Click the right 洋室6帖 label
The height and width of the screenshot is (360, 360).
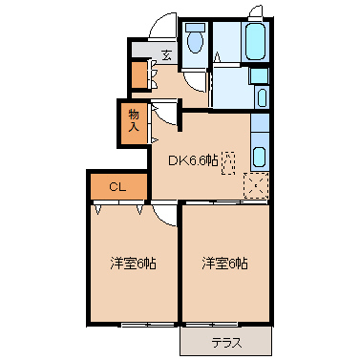click(224, 264)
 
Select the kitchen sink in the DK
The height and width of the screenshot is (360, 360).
click(260, 157)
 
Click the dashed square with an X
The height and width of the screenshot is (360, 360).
click(256, 185)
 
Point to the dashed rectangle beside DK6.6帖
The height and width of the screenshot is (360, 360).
click(227, 164)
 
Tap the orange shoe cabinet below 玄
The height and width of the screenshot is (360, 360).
click(139, 74)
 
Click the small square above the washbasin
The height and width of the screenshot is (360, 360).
click(258, 75)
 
